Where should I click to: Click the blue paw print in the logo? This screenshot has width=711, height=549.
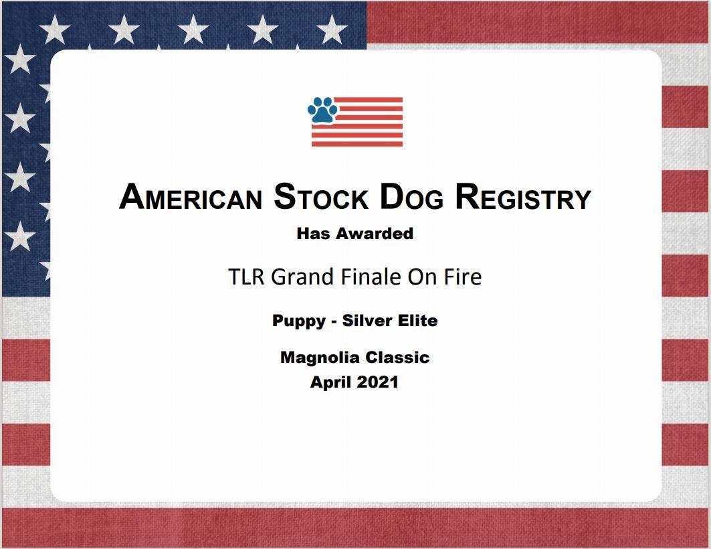click(323, 110)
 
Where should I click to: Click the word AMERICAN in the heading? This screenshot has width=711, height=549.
click(191, 198)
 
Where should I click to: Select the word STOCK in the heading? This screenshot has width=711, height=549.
click(321, 197)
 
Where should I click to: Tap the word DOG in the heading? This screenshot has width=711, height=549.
click(411, 197)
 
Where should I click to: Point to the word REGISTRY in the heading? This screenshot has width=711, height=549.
click(523, 197)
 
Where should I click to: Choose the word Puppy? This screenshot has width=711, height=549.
click(299, 321)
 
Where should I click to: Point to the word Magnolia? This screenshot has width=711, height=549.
click(320, 358)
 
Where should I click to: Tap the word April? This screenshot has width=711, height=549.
click(330, 382)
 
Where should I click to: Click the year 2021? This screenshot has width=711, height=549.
click(377, 382)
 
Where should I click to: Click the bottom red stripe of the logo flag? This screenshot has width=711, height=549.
click(357, 144)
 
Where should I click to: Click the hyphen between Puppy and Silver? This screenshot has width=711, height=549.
click(334, 322)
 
